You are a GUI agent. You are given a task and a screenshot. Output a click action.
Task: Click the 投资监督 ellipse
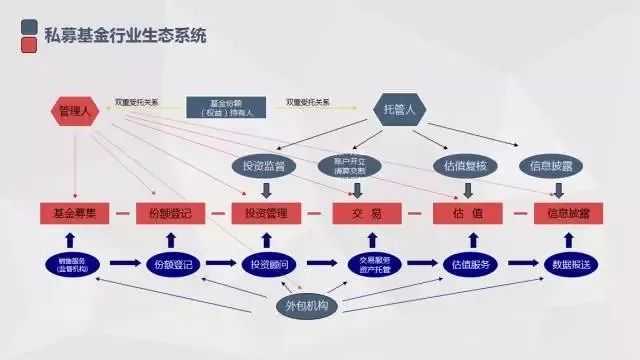264,165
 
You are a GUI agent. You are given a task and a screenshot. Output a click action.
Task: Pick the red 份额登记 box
170,213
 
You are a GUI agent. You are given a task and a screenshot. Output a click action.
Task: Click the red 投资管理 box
266,213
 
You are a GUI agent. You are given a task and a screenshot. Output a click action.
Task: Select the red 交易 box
366,213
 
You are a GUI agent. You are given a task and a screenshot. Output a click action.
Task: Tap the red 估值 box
466,213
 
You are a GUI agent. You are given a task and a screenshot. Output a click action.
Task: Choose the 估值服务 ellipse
469,263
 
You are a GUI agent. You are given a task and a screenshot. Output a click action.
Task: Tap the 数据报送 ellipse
568,263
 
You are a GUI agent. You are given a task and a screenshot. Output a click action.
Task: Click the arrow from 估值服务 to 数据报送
520,263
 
